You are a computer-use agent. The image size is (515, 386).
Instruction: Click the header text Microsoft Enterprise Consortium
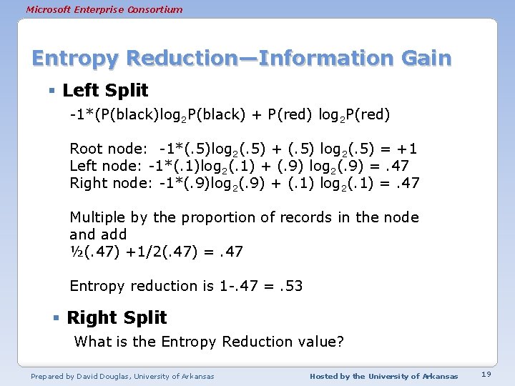[x=104, y=9]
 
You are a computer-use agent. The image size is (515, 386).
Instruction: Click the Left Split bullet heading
[x=105, y=90]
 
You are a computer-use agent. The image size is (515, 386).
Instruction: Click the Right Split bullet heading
[x=117, y=317]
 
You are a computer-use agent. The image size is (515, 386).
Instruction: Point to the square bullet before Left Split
[x=53, y=91]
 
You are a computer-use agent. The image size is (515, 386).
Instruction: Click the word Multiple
[x=97, y=217]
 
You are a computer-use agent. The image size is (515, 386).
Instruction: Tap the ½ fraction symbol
[x=75, y=252]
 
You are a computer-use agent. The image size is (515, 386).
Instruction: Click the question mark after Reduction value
[x=340, y=342]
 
